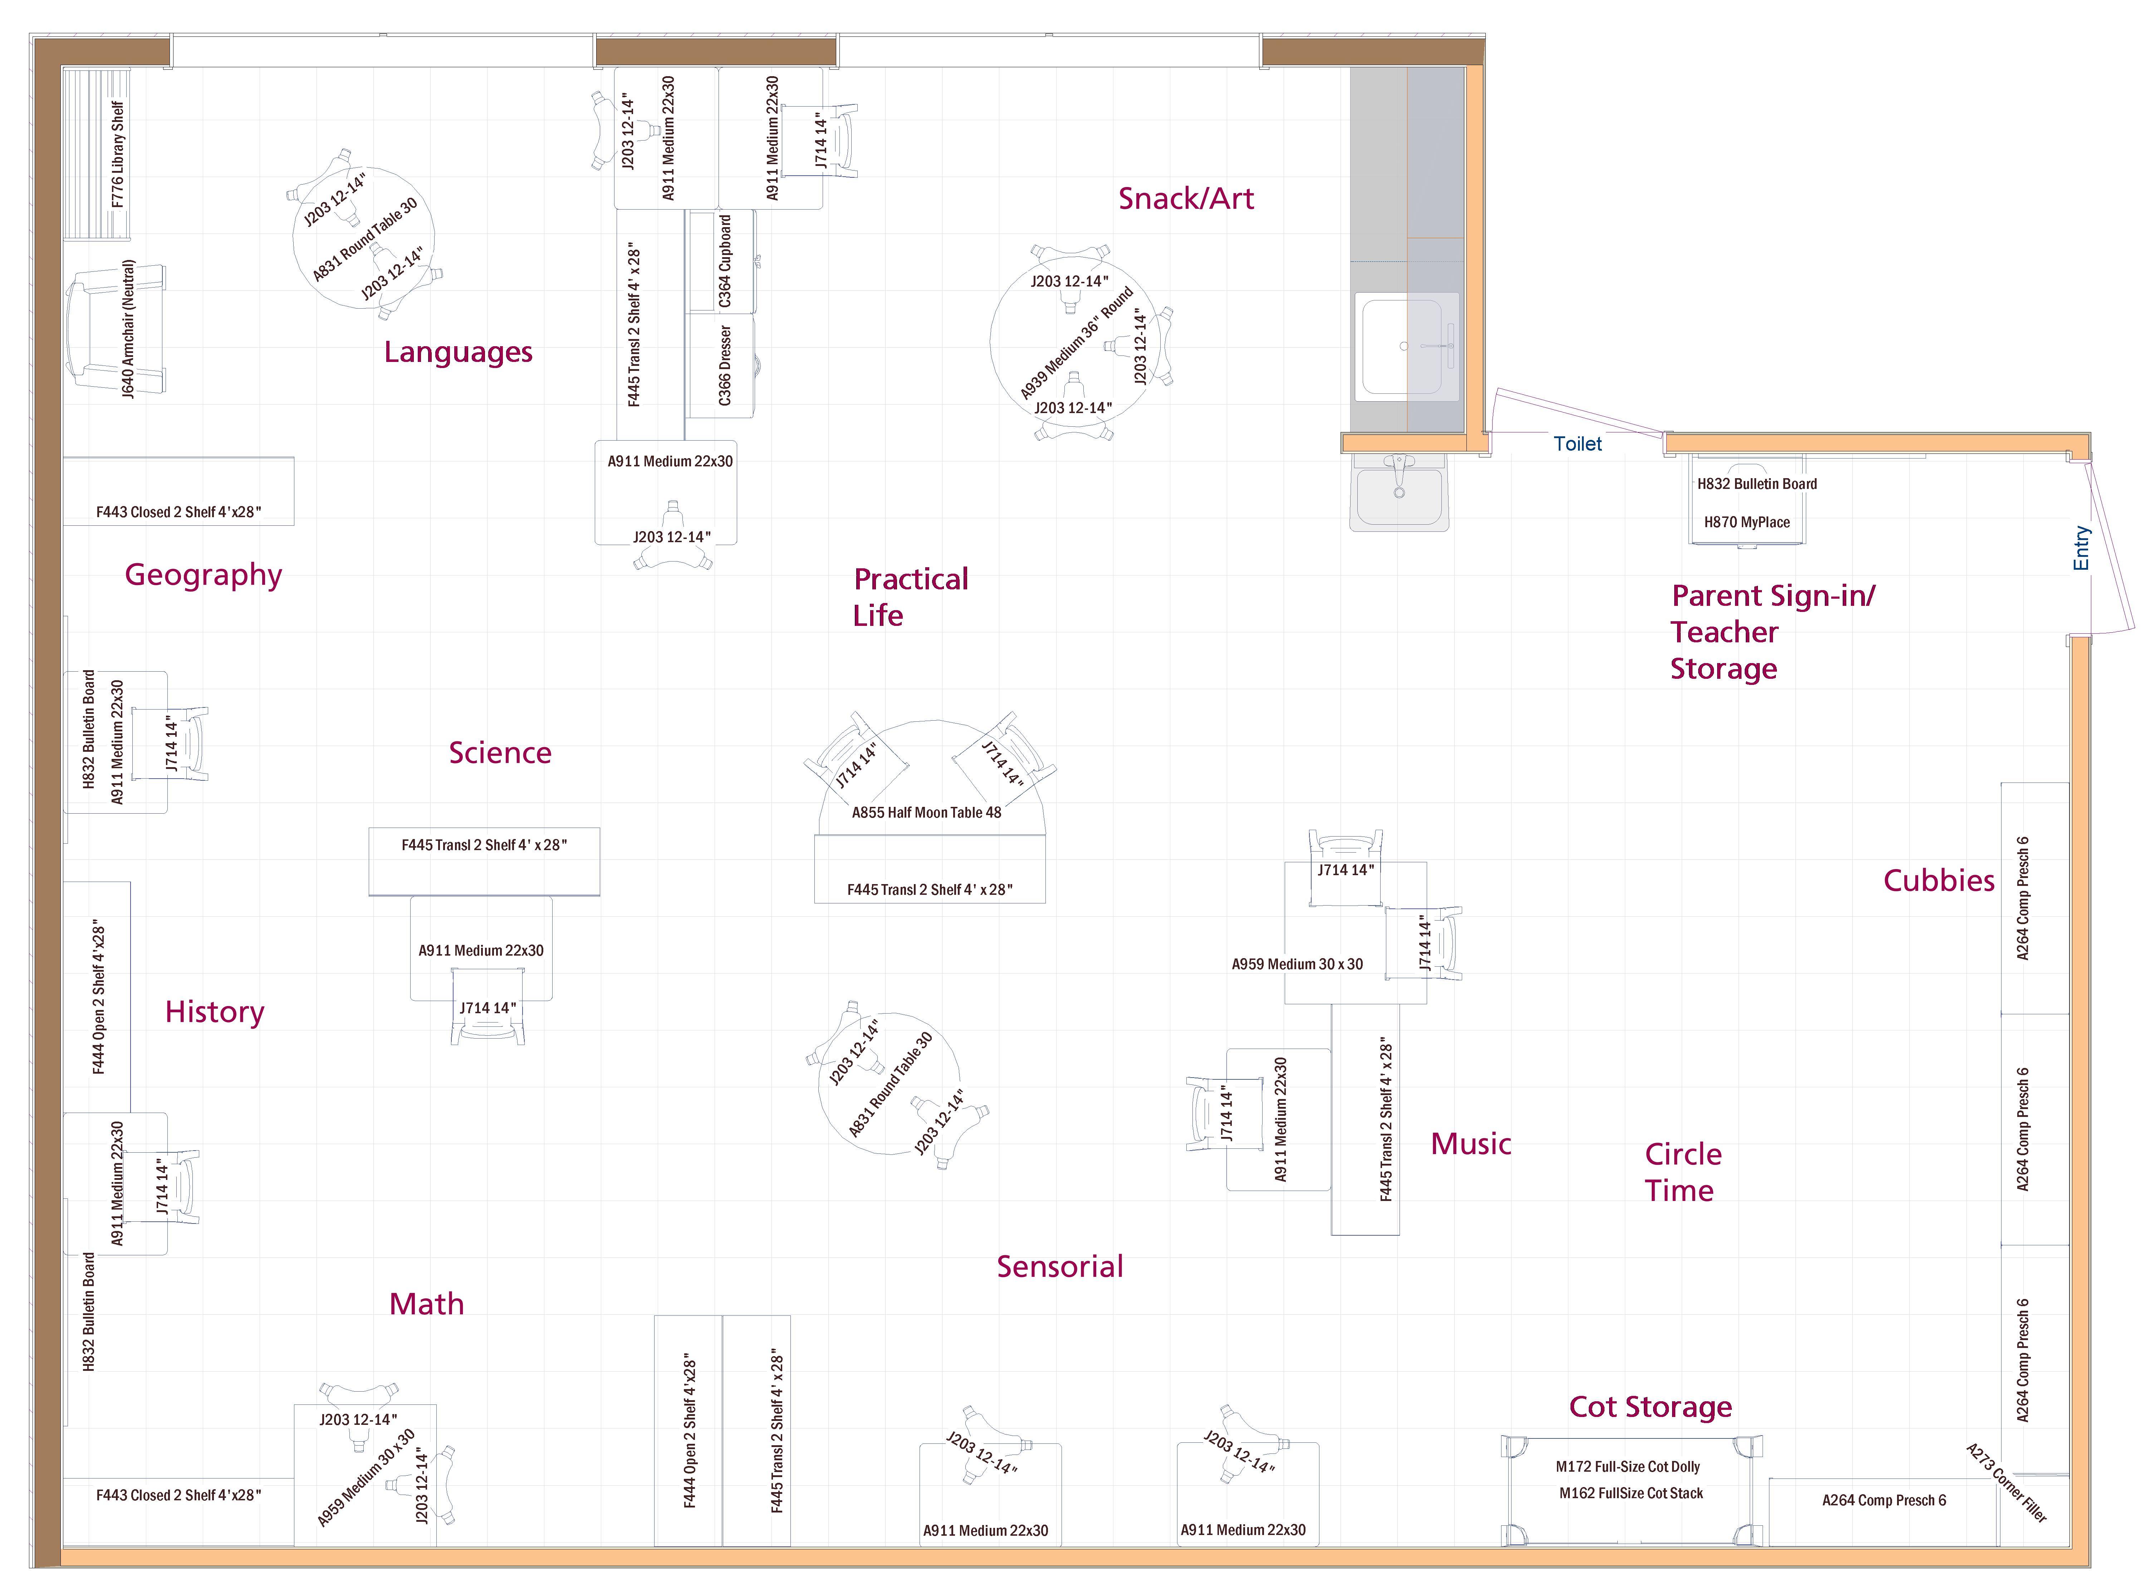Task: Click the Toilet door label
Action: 1577,443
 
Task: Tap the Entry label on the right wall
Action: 2081,548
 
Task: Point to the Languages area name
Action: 458,353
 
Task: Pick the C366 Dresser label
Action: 725,365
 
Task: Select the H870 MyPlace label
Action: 1746,522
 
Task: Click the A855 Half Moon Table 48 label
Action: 926,813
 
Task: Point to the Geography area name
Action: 204,575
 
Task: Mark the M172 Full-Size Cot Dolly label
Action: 1628,1466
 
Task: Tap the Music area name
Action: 1471,1144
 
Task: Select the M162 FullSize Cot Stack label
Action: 1631,1493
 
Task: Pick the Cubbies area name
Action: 1939,880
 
